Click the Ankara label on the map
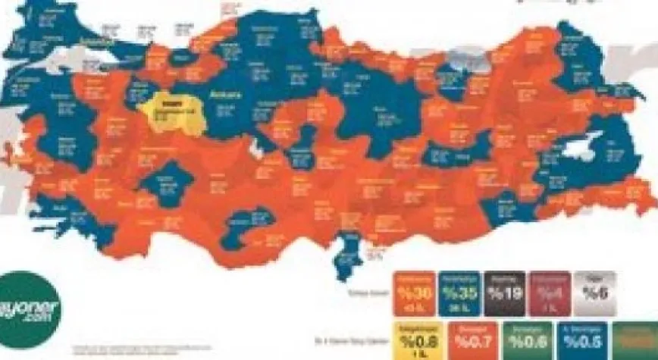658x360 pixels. (230, 96)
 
